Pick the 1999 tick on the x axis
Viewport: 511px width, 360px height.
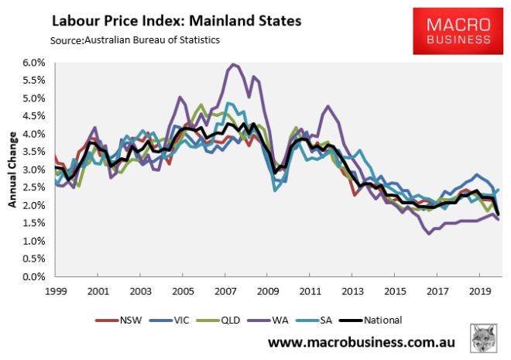[x=55, y=292]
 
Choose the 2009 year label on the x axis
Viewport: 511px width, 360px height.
[x=267, y=292]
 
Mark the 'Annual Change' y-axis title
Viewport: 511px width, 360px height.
[x=13, y=169]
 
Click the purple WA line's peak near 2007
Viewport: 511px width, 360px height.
[x=233, y=64]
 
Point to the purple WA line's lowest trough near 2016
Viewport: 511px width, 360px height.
[x=429, y=233]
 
